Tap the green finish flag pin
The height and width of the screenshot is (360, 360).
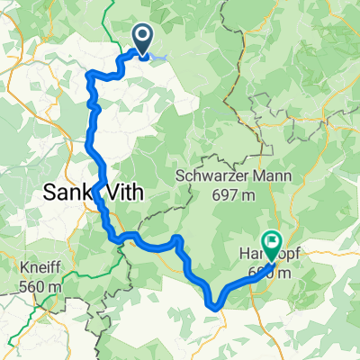click(x=272, y=240)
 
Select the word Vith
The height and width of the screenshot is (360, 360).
click(x=126, y=192)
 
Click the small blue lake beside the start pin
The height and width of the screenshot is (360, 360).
click(x=159, y=58)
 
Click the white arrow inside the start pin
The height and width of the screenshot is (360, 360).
click(x=143, y=37)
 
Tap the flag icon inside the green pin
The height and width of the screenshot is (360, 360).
click(x=272, y=238)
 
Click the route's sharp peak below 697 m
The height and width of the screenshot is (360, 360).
click(x=179, y=238)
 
